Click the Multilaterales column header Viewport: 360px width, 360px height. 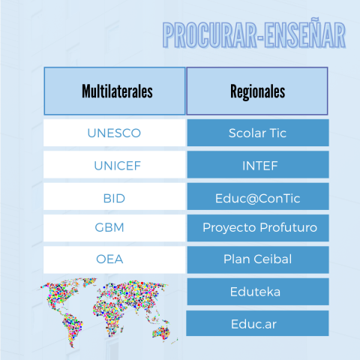point(115,91)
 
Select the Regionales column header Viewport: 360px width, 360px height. point(257,91)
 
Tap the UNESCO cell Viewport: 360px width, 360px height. point(114,133)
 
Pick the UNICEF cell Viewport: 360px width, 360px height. point(114,165)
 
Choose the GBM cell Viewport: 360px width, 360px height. point(114,228)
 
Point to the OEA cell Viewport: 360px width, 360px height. point(114,259)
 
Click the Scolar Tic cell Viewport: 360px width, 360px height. point(258,133)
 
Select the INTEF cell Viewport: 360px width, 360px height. point(258,165)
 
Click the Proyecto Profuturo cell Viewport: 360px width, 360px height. point(258,228)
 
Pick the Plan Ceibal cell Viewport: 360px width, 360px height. point(258,259)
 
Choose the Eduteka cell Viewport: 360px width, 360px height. point(258,292)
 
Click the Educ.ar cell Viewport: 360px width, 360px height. point(257,323)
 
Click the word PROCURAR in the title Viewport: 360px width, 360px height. point(210,35)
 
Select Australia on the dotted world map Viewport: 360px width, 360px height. point(161,332)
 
